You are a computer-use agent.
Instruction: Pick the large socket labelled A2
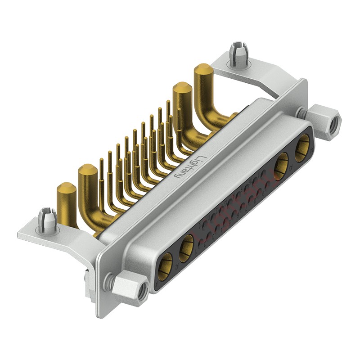pos(282,163)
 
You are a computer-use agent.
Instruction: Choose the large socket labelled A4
pos(166,264)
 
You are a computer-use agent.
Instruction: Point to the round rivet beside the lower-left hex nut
pos(108,283)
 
